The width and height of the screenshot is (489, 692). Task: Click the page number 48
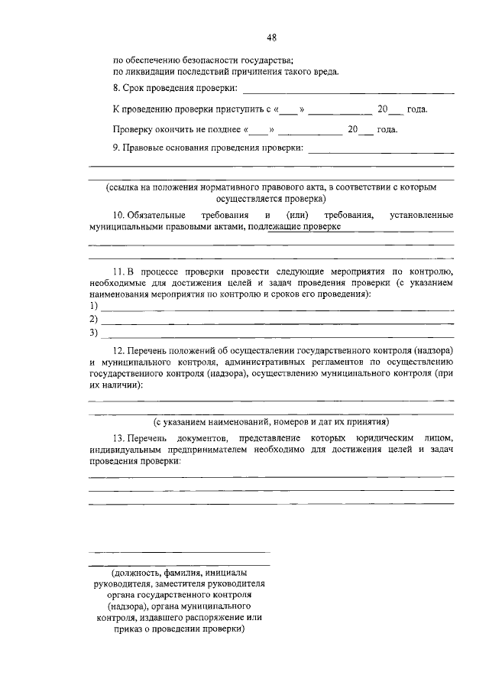tap(271, 37)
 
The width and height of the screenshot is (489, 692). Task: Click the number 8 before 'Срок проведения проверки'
tap(115, 89)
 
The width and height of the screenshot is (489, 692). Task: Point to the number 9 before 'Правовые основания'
tap(115, 148)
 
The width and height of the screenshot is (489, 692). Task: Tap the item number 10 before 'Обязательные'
tap(118, 216)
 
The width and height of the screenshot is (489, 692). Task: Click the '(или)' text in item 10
tap(297, 216)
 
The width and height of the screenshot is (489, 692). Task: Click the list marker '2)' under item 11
tap(94, 319)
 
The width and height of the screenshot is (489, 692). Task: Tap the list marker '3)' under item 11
tap(94, 333)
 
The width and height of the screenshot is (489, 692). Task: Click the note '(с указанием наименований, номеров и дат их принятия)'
tap(270, 421)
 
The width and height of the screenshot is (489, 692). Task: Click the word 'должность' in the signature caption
tap(134, 572)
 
